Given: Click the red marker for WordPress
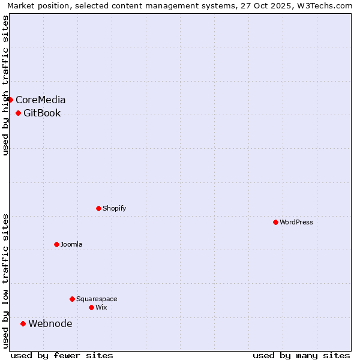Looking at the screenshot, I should coord(275,222).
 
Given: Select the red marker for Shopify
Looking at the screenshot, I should coord(98,208).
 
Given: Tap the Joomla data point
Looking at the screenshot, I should coord(56,244).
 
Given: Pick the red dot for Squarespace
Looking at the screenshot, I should coord(72,299).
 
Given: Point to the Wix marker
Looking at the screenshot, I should coord(91,307).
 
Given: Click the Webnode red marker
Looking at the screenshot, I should coord(23,323).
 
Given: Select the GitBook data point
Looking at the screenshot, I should coord(18,113).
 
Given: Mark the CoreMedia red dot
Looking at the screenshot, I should coord(11,100).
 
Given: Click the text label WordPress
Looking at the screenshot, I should coord(296,222).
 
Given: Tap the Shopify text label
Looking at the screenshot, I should coord(114,208).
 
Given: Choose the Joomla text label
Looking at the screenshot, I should coord(71,244).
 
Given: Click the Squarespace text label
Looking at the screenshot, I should coord(97,299).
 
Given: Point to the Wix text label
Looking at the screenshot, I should coord(101,307).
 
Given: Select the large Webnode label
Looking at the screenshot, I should coord(50,323).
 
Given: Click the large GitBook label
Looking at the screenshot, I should coord(42,113).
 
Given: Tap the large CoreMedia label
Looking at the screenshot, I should coord(41,100).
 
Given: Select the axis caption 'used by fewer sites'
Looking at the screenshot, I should coord(62,355).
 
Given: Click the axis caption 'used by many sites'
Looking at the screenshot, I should coord(301,355).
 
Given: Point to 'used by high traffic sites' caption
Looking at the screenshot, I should coord(5,85).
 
